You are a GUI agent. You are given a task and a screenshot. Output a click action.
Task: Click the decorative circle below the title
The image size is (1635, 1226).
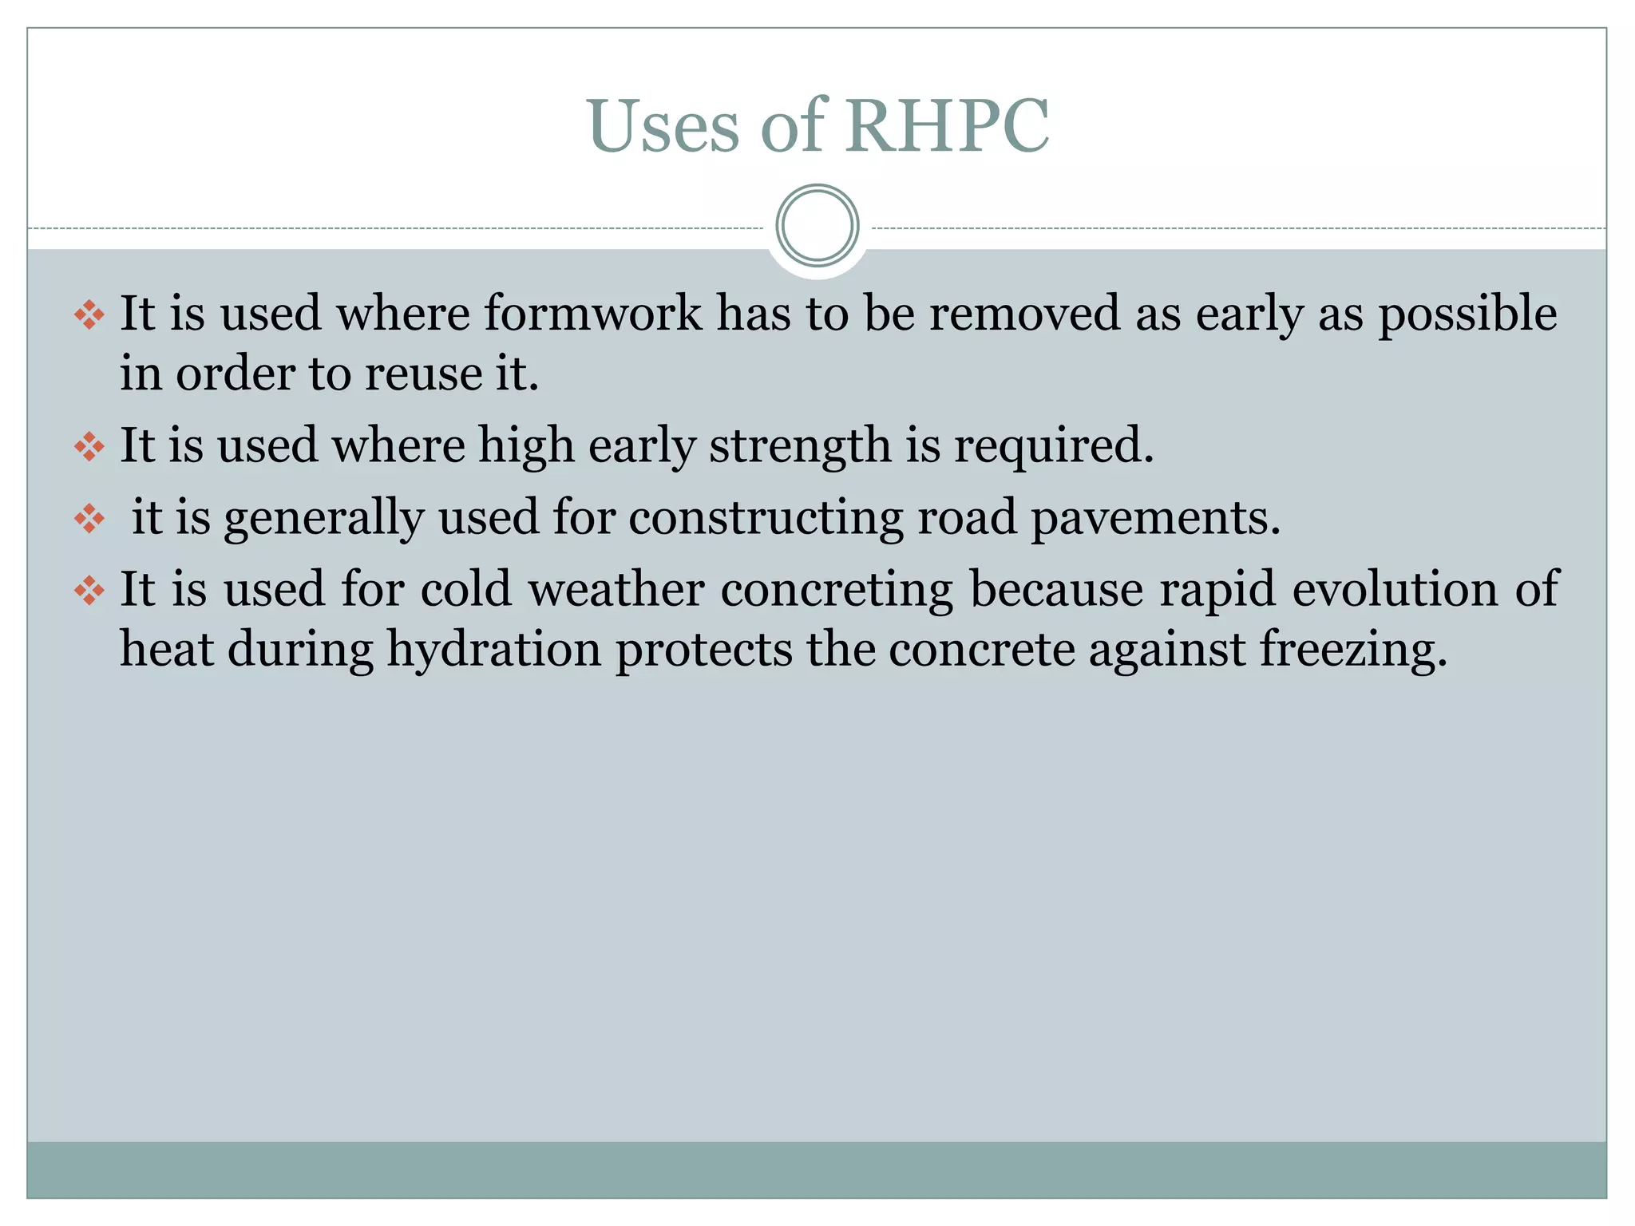[x=817, y=226]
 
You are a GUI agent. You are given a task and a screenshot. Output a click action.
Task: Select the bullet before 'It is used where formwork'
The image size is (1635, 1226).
[x=89, y=314]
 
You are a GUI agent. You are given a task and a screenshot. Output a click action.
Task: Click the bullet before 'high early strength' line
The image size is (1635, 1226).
[x=89, y=446]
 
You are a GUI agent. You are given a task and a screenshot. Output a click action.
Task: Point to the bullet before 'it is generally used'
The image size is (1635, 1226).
[x=89, y=519]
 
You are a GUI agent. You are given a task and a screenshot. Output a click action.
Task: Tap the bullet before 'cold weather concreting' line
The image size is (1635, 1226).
[x=89, y=591]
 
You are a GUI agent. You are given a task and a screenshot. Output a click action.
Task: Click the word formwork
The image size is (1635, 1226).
[x=592, y=313]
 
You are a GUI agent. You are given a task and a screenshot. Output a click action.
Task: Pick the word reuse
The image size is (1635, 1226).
[x=423, y=374]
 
